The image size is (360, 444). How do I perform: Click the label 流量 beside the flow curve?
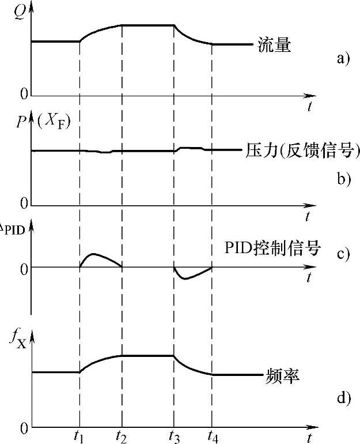point(275,45)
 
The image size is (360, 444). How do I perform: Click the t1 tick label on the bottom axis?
point(79,437)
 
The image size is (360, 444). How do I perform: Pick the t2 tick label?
point(122,437)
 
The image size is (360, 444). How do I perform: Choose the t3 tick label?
point(173,437)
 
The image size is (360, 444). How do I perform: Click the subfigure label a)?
point(343,58)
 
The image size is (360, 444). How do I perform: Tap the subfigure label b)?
point(343,179)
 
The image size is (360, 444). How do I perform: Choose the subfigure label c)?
point(343,254)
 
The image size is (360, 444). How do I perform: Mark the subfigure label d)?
point(343,398)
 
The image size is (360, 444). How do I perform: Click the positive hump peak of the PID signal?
point(93,254)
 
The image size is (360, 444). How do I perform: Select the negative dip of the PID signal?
point(184,279)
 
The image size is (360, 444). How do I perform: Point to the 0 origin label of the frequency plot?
point(24,428)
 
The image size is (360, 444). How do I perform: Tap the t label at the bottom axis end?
point(309,437)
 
